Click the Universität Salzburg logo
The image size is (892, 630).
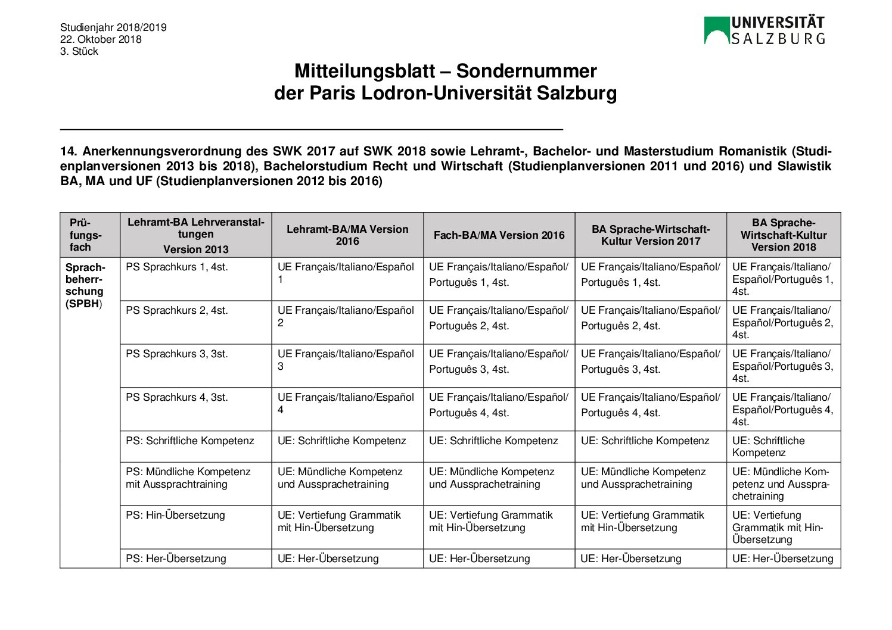coord(764,30)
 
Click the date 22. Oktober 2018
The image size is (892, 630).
coord(101,39)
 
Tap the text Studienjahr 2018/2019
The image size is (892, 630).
coord(113,27)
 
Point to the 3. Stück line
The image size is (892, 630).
coord(79,51)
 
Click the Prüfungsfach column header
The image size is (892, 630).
coord(85,235)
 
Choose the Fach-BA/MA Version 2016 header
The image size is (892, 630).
coord(499,235)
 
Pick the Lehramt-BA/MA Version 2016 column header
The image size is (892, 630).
coord(347,235)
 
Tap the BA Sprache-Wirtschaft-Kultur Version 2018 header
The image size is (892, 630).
coord(783,235)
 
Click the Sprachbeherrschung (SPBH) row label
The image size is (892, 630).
coord(85,285)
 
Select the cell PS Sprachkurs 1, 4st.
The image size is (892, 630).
coord(177,267)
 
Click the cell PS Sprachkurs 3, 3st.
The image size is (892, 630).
coord(177,354)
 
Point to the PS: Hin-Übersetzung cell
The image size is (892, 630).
coord(175,516)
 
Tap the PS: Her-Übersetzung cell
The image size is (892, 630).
coord(176,559)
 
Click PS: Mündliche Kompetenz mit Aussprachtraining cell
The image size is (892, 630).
coord(188,478)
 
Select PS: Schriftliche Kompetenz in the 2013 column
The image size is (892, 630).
coord(189,441)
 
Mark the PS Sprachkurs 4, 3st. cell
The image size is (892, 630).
coord(177,398)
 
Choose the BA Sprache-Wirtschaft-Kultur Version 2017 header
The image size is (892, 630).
coord(651,235)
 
